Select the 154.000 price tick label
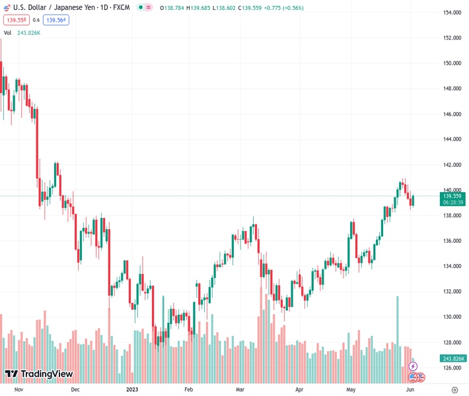452,13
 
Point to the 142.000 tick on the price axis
452,165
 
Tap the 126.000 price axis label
452,368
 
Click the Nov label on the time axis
18,389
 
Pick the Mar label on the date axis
240,389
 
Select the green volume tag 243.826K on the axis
454,358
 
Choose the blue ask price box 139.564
55,20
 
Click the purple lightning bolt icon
414,366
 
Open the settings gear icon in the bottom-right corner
453,389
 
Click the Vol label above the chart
8,32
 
